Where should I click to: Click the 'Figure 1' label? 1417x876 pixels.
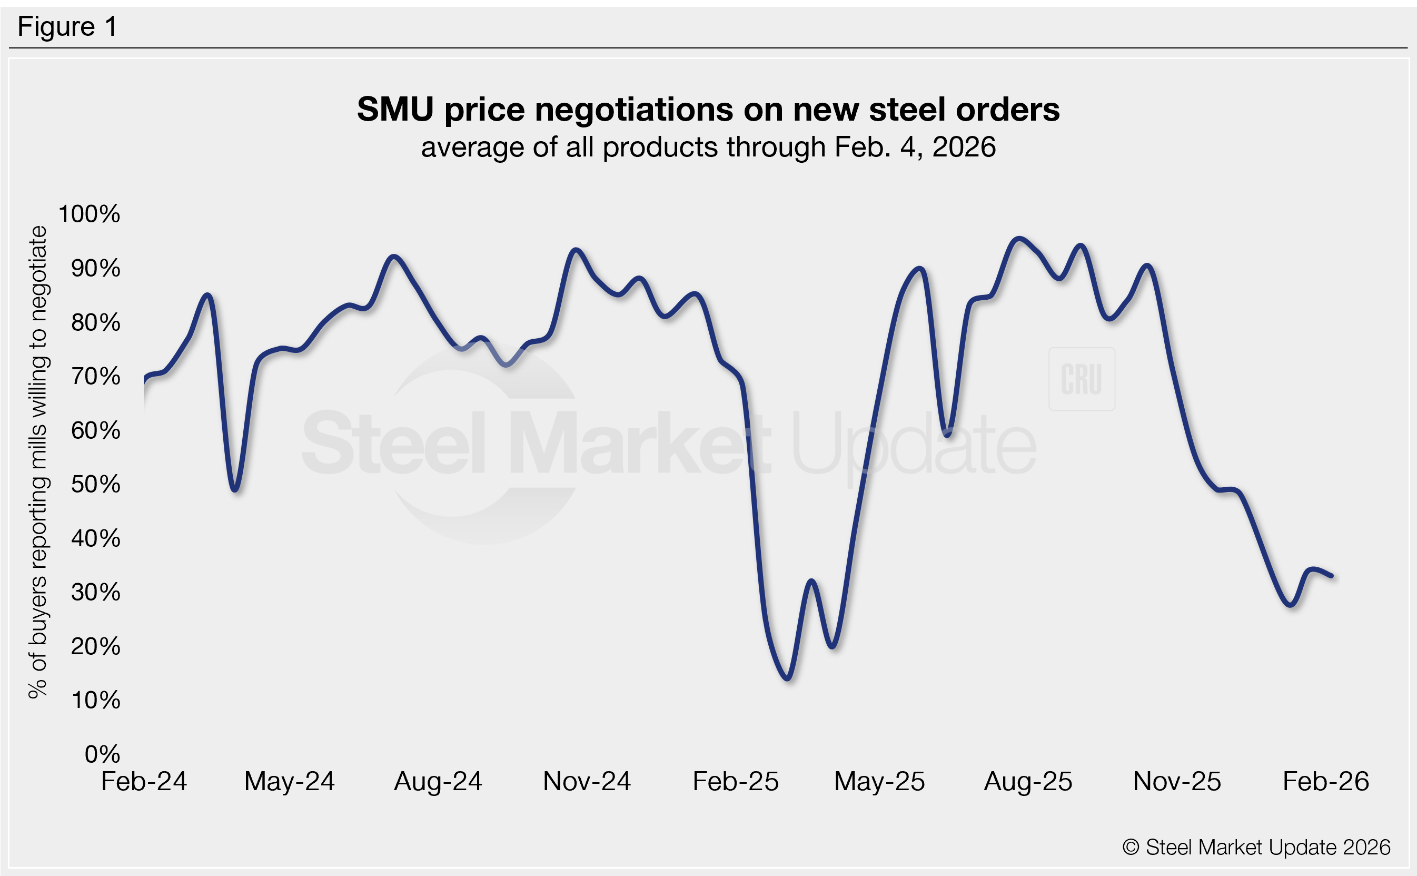[67, 27]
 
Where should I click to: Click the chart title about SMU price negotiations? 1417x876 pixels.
[708, 109]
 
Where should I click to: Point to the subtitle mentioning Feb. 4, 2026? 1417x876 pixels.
[708, 147]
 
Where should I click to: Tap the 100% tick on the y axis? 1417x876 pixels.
[89, 214]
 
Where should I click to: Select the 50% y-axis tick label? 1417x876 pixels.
[95, 484]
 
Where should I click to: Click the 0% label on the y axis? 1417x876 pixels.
[103, 754]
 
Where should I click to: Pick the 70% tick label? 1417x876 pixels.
[95, 376]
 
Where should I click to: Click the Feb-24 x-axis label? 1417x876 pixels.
[144, 781]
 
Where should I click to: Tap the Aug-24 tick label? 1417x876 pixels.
[438, 781]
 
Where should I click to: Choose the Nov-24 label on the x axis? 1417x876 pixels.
[587, 781]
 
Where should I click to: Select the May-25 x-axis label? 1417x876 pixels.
[879, 781]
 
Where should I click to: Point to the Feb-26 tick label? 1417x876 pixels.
[1325, 781]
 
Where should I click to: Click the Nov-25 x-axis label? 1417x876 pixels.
[1177, 781]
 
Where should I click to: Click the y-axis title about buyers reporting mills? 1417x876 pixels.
[38, 462]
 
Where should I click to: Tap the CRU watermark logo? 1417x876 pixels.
[1081, 379]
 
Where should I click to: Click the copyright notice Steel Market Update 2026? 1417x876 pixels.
[1256, 847]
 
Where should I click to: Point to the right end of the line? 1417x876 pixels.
[1332, 576]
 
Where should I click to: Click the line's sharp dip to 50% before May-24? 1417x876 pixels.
[235, 490]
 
